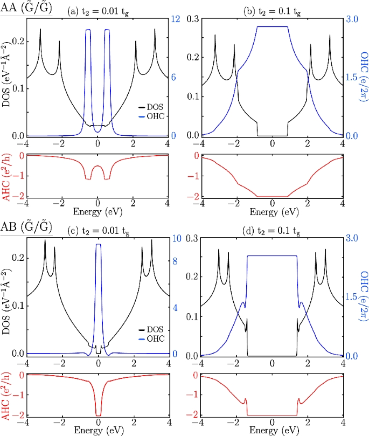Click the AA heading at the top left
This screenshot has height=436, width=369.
(26, 8)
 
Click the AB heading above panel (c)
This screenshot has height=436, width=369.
(26, 227)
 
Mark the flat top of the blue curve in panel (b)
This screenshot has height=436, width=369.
(272, 26)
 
